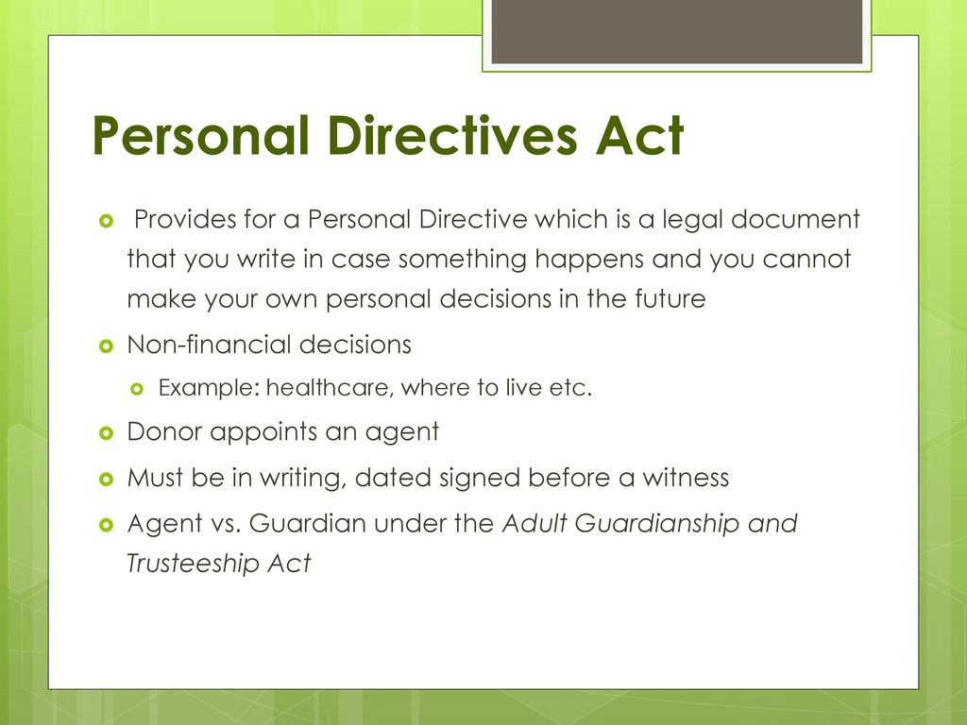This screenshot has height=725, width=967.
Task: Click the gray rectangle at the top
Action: (x=677, y=31)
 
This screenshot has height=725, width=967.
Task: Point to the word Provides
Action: (x=184, y=220)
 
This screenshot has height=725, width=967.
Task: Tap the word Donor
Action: (x=164, y=432)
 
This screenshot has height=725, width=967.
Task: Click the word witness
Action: (x=686, y=478)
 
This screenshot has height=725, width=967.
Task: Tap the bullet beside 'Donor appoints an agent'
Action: (x=105, y=433)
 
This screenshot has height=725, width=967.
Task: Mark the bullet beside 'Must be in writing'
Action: (x=105, y=479)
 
